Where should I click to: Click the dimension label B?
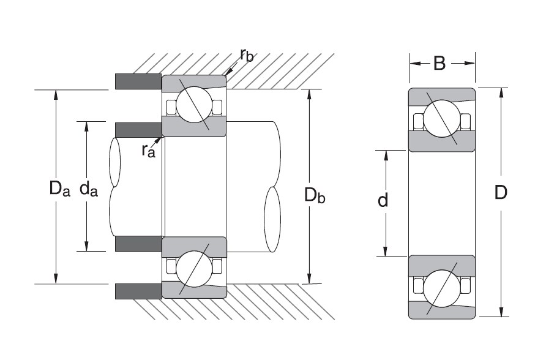pos(439,63)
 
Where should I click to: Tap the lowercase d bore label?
pos(383,200)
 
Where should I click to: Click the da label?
pos(89,190)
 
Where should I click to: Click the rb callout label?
pos(247,56)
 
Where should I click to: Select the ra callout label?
pos(149,149)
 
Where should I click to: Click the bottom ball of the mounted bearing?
pos(194,268)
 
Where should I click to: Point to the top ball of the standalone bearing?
pos(442,119)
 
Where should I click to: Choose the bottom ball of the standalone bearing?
pos(442,286)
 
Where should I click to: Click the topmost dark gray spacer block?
pos(138,81)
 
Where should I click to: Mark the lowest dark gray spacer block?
pos(138,291)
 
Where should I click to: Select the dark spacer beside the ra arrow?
pos(138,129)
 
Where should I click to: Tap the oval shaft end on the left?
pos(114,162)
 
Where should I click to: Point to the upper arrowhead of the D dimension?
pos(501,92)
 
